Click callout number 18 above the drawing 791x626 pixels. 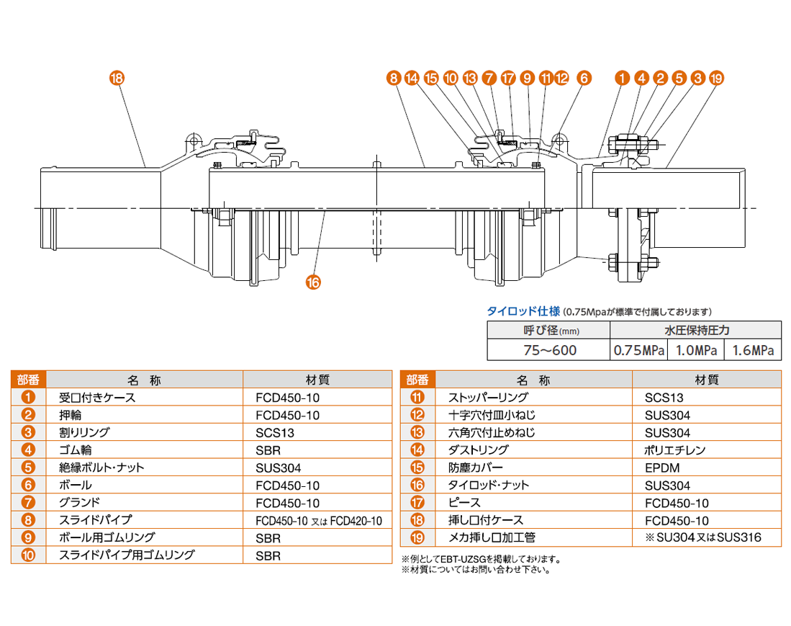(x=117, y=78)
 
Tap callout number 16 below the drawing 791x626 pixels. (x=313, y=282)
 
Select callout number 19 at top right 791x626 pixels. (x=715, y=78)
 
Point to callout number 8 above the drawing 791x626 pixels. (x=392, y=78)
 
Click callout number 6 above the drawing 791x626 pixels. (x=583, y=78)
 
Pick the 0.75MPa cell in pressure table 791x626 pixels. (x=638, y=351)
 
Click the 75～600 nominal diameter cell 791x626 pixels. (x=548, y=351)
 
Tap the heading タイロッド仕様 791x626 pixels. (x=523, y=311)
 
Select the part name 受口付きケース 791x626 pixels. (x=96, y=398)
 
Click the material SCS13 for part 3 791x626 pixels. (x=275, y=433)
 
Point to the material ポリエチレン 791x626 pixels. (x=675, y=450)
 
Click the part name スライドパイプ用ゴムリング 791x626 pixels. (x=126, y=555)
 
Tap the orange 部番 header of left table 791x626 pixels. (x=29, y=380)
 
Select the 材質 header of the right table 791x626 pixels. (x=706, y=380)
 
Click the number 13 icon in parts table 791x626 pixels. (x=417, y=433)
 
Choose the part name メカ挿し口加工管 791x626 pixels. (x=492, y=537)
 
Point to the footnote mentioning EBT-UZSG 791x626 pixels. (x=480, y=559)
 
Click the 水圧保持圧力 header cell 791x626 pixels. (x=696, y=331)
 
